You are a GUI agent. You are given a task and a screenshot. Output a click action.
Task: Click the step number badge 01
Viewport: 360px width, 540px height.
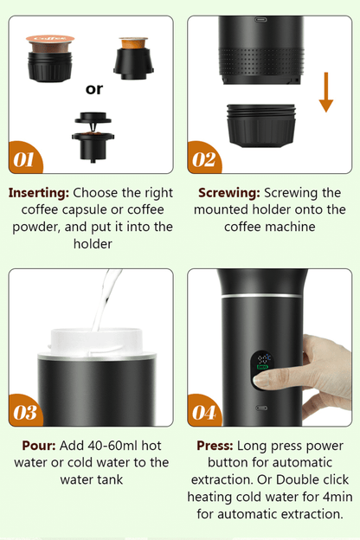(x=25, y=158)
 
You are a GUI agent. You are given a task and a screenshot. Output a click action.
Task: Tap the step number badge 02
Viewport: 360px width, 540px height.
(x=204, y=158)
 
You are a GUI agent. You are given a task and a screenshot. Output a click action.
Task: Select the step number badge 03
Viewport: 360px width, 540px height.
(x=25, y=412)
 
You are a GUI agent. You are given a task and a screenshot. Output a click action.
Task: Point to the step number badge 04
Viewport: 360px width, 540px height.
(x=204, y=412)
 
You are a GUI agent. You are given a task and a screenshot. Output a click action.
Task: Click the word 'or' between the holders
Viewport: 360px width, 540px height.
(x=94, y=88)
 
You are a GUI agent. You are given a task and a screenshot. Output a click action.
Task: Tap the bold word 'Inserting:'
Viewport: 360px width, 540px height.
(x=39, y=193)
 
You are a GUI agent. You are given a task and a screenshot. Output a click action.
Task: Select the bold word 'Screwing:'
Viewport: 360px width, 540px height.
(x=229, y=193)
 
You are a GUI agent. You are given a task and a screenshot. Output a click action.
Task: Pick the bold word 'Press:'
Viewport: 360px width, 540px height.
(x=215, y=446)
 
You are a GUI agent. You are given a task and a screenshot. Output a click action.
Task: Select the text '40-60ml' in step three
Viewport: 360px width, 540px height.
(x=89, y=446)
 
